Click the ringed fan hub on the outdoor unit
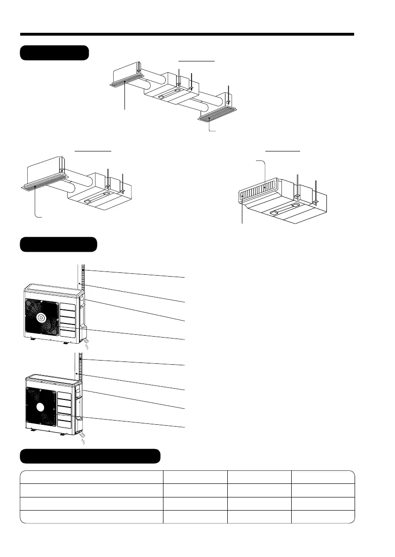point(42,318)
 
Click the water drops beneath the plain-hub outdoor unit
point(84,440)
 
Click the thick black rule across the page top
point(187,34)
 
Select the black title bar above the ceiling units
point(54,53)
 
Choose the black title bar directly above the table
point(90,456)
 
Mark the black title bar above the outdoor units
point(58,244)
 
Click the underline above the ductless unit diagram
point(283,151)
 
